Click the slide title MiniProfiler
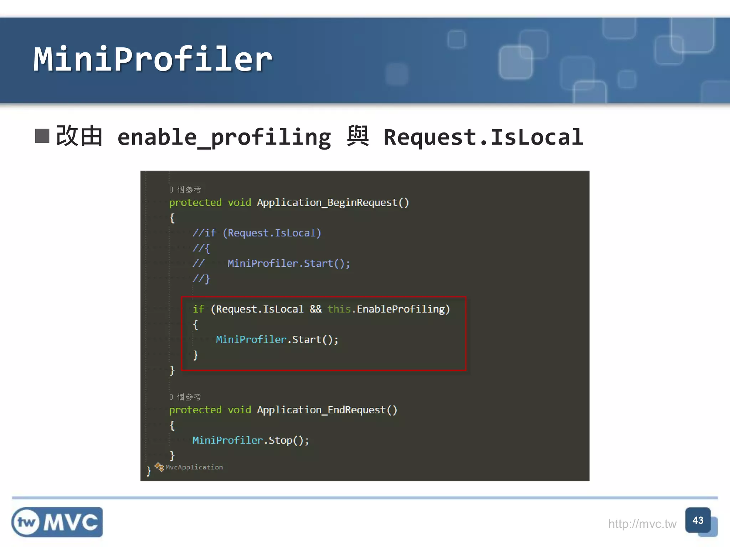pos(153,59)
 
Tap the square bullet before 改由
pos(42,136)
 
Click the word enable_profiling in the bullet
pos(224,138)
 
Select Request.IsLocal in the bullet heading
pos(483,137)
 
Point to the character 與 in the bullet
pos(358,136)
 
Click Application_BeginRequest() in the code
pos(333,203)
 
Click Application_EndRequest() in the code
pos(327,410)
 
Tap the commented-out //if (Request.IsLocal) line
pos(257,233)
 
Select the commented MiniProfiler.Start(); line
pos(289,264)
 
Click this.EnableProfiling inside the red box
pos(389,309)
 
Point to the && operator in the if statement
pos(315,309)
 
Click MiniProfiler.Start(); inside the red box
pos(277,340)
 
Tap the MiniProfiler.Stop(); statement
pos(251,441)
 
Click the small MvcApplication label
pos(194,467)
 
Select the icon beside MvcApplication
pos(159,467)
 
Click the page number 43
pos(698,520)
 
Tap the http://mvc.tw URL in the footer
pos(642,524)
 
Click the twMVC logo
pos(57,522)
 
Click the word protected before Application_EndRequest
pos(195,410)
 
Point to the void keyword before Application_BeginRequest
pos(239,203)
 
